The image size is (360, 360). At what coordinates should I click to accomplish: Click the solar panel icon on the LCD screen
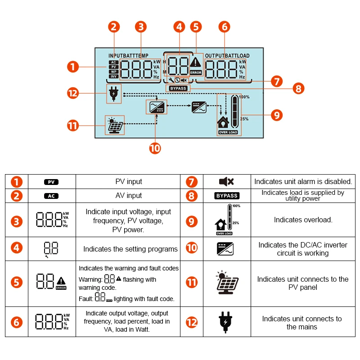pyautogui.click(x=114, y=126)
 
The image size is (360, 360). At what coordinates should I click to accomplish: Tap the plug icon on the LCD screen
pyautogui.click(x=113, y=94)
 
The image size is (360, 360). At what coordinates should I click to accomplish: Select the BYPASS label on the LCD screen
pyautogui.click(x=178, y=88)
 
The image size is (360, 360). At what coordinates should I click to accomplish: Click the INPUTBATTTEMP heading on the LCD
pyautogui.click(x=128, y=56)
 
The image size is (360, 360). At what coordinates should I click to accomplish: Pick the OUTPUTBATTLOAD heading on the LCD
pyautogui.click(x=229, y=56)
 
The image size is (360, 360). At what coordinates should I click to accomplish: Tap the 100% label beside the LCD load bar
pyautogui.click(x=244, y=97)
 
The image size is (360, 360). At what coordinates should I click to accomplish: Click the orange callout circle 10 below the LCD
pyautogui.click(x=155, y=148)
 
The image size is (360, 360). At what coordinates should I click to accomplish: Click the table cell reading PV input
pyautogui.click(x=129, y=182)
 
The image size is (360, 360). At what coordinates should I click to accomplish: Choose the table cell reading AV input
pyautogui.click(x=129, y=196)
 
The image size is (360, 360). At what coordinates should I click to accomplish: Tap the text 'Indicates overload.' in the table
pyautogui.click(x=303, y=220)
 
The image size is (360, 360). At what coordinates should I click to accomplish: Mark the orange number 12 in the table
pyautogui.click(x=192, y=322)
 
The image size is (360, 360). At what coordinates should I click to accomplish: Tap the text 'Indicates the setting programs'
pyautogui.click(x=130, y=249)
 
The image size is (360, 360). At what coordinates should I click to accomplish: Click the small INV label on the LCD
pyautogui.click(x=113, y=77)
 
